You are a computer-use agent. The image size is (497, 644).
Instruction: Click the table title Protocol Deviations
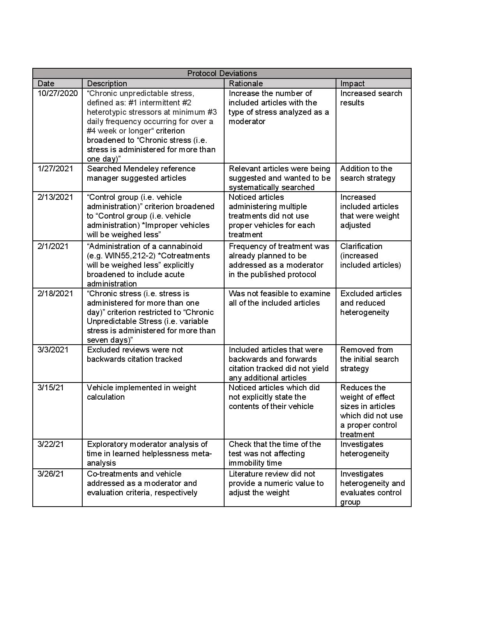222,73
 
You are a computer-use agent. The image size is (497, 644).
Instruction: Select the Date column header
46,84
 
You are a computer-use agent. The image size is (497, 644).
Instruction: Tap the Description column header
107,84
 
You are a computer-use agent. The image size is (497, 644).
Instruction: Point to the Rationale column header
246,84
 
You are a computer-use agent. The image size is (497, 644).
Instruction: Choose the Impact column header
352,84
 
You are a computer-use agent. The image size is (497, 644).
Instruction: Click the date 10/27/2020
58,93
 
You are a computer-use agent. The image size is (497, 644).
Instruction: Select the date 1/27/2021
55,169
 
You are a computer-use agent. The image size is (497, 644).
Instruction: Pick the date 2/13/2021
55,197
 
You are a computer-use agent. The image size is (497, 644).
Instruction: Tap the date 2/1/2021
53,246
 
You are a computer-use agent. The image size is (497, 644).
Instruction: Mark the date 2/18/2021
55,294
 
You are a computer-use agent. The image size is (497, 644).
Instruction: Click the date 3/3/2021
53,350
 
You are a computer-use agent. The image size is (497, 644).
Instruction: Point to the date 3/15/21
51,388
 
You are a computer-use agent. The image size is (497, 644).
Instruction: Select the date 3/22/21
51,444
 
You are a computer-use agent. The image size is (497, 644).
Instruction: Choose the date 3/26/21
51,474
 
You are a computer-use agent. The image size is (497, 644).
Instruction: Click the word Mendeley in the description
142,169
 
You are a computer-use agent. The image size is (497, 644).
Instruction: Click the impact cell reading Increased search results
371,98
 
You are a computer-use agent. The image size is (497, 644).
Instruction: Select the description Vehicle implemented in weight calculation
141,392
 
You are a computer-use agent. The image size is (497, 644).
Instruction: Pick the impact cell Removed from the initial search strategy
369,359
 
